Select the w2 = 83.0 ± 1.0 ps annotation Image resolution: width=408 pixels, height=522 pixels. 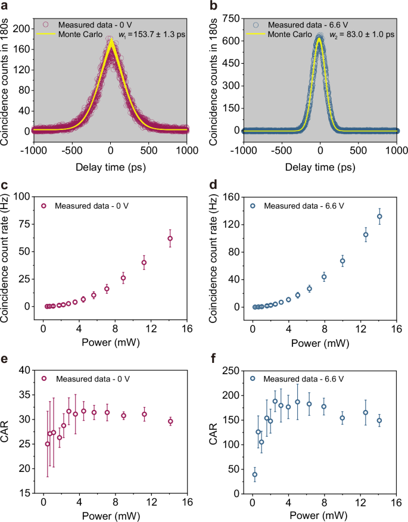coord(362,35)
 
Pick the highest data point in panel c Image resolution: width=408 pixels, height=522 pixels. coord(170,238)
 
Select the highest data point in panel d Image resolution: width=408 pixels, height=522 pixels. coord(379,216)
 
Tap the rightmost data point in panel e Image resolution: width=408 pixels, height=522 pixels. coord(170,421)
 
